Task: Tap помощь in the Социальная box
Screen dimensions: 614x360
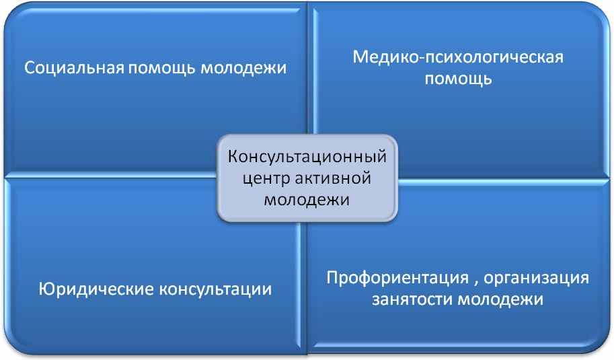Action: coord(161,68)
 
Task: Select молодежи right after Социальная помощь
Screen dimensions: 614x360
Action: coord(243,69)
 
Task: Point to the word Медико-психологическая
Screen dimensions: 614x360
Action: coord(458,57)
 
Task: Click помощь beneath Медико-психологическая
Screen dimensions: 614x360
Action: coord(458,79)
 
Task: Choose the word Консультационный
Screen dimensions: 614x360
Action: coord(307,157)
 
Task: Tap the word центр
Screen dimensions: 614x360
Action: coord(266,178)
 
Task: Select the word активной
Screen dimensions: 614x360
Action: coord(333,178)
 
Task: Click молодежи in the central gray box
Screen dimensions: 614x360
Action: coord(307,200)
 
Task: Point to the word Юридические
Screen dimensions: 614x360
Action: coord(96,289)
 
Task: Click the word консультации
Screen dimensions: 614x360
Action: coord(215,289)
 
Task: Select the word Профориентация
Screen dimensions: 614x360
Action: coord(397,278)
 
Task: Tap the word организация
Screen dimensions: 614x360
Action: coord(537,278)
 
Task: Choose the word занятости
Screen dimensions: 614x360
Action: coord(412,300)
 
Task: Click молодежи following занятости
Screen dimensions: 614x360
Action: coord(501,300)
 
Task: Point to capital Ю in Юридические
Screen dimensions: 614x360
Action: coord(46,289)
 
